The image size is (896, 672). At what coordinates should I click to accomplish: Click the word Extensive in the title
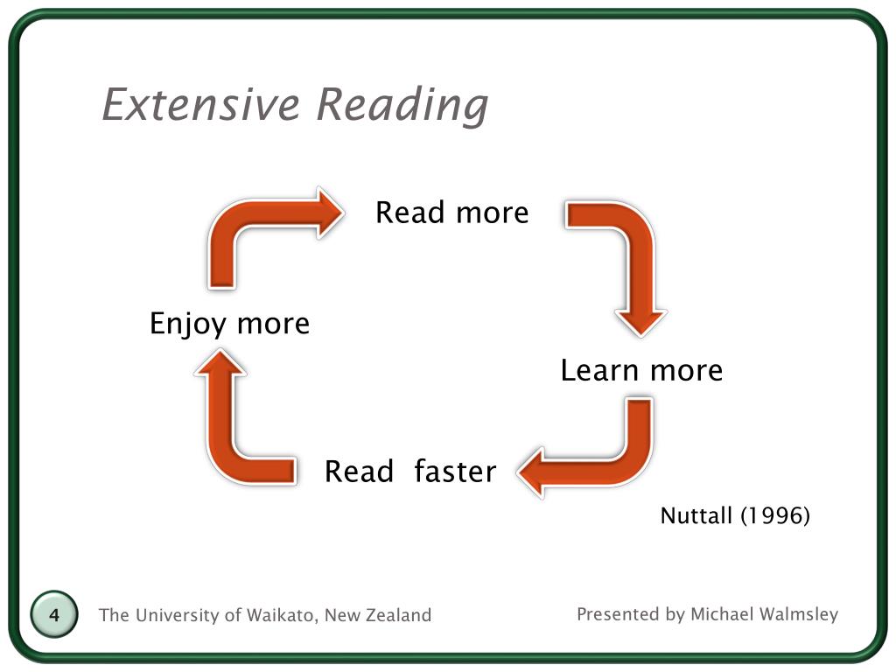202,105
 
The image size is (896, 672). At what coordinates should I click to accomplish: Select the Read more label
451,213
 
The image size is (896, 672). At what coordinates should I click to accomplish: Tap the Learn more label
641,370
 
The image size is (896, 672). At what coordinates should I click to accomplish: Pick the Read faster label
409,472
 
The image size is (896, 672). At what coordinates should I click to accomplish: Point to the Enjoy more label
229,324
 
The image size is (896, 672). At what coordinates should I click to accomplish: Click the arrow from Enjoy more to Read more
254,227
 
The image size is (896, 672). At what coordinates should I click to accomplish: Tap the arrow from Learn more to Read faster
604,455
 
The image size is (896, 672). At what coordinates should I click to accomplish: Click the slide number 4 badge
54,615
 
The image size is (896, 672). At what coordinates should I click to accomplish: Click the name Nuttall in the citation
696,516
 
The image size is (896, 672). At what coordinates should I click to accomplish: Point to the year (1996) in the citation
775,516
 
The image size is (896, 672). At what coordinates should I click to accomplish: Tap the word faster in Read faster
455,472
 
